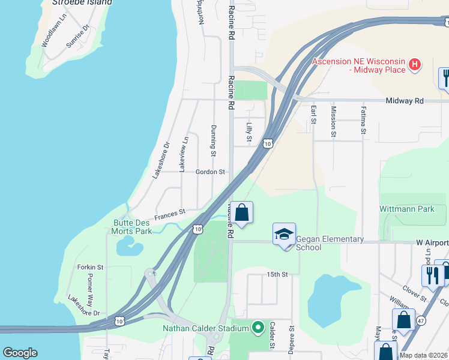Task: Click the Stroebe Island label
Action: (x=82, y=2)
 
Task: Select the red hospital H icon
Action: (x=414, y=65)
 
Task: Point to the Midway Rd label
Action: (x=405, y=101)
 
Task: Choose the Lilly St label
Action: (x=249, y=132)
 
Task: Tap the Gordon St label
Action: (x=210, y=172)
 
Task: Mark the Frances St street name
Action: (x=170, y=212)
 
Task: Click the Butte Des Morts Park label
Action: (x=133, y=226)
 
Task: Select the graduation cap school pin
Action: (x=285, y=235)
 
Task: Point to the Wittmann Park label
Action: (x=406, y=209)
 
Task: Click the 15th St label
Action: (x=277, y=274)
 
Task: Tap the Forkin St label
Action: (x=91, y=267)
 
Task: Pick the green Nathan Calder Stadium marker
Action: (x=258, y=328)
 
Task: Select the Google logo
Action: (x=20, y=353)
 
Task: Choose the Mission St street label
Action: (x=334, y=122)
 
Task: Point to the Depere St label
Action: (x=291, y=340)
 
